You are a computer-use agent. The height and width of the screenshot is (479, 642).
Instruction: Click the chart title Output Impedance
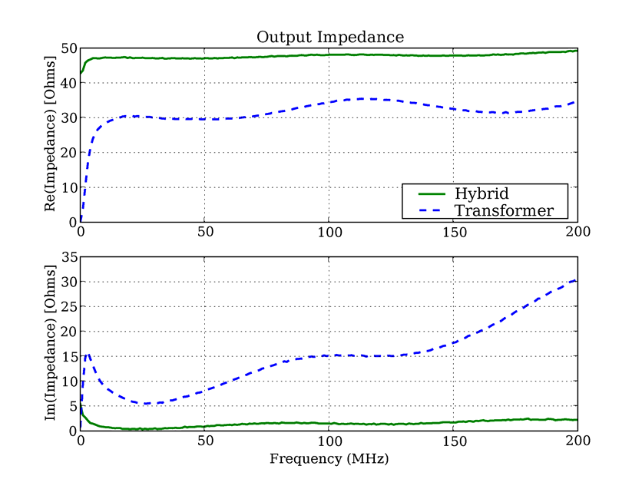(x=329, y=37)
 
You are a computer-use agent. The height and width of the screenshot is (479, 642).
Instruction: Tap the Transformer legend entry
(x=505, y=210)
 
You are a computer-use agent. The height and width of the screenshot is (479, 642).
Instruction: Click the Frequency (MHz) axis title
(x=329, y=460)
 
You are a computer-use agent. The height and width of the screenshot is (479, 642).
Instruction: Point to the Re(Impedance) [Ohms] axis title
(x=50, y=135)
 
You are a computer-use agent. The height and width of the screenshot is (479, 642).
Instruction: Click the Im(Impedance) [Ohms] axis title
(x=50, y=344)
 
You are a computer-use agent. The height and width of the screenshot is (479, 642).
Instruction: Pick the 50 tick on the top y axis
(x=68, y=48)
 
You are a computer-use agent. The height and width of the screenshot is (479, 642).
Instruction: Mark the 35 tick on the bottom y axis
(x=68, y=258)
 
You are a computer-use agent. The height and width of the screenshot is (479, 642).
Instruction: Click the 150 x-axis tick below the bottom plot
(x=453, y=441)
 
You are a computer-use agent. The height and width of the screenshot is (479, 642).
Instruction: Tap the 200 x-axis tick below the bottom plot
(x=577, y=441)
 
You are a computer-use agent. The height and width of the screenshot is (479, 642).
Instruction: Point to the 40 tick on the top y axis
(x=68, y=83)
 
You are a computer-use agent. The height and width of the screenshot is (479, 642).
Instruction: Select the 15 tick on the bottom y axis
(x=68, y=357)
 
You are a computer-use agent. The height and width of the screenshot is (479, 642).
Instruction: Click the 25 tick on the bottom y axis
(x=68, y=307)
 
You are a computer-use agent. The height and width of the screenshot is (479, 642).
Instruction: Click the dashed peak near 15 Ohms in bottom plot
(x=88, y=354)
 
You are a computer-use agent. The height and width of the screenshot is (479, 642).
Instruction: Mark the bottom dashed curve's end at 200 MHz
(x=577, y=280)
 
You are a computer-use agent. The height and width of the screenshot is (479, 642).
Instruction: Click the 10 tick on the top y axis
(x=68, y=187)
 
